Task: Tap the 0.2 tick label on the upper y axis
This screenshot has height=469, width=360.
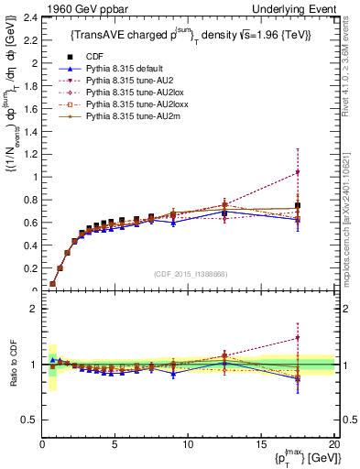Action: coord(31,268)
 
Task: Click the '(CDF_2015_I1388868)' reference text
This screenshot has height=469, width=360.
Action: coord(188,274)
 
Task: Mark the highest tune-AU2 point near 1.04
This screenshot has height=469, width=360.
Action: coord(297,172)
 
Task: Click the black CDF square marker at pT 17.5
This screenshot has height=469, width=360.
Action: coord(297,206)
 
